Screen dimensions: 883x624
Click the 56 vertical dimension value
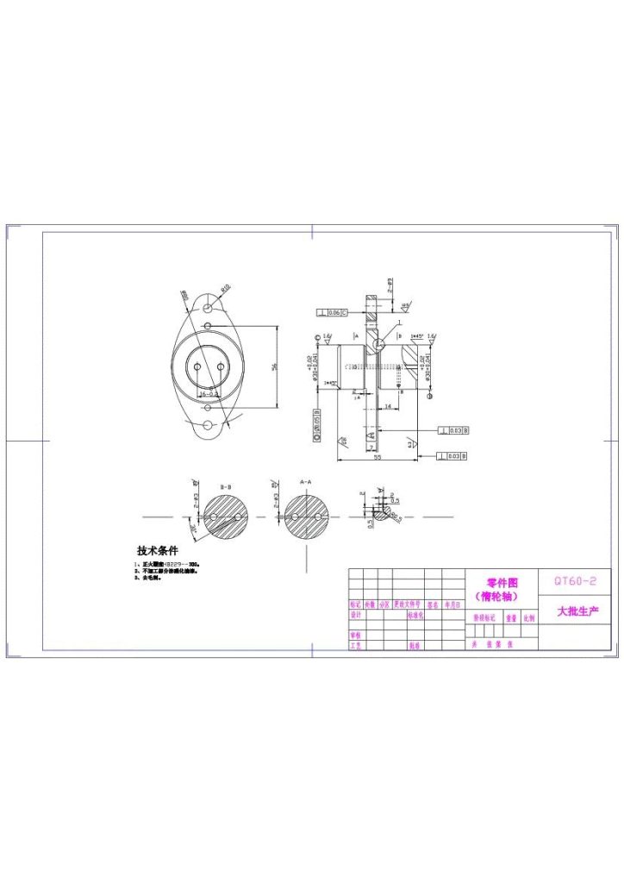coord(275,367)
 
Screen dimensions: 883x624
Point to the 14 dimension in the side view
coord(388,405)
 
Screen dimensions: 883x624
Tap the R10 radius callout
coord(226,288)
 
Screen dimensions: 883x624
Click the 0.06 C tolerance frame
coord(333,312)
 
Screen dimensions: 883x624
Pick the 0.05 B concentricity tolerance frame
coord(317,424)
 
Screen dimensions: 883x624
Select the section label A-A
coord(306,481)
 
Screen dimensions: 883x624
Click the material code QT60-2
coord(574,582)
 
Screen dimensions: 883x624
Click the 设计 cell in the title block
coord(355,616)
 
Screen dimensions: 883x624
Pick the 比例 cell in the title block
coord(528,618)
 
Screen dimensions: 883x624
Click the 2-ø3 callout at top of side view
coord(390,285)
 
